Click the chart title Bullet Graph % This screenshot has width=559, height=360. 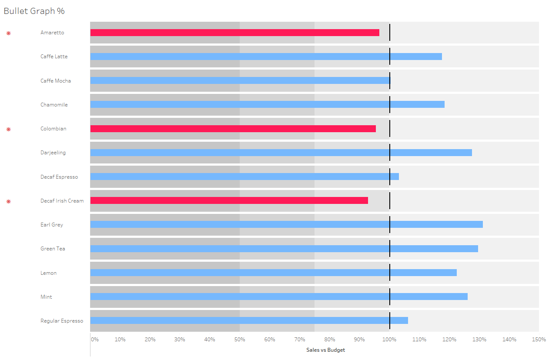tap(34, 11)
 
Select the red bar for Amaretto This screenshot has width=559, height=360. tap(234, 33)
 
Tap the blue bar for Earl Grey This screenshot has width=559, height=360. tap(286, 224)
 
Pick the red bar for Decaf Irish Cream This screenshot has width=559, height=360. tap(229, 200)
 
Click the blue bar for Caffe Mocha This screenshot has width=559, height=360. tap(240, 80)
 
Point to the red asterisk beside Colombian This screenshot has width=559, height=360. tap(8, 129)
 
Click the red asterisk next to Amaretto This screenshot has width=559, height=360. tap(8, 33)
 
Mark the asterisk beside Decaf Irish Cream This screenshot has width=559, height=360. tap(8, 201)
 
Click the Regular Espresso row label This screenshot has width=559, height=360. tap(62, 321)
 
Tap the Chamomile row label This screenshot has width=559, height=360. tap(54, 105)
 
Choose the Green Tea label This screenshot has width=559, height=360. tap(53, 249)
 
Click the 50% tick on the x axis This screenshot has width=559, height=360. tap(240, 340)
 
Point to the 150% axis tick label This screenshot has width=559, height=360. tap(539, 340)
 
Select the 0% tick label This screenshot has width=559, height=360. tap(94, 340)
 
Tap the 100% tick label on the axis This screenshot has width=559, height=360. tap(389, 340)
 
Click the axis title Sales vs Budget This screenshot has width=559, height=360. tap(325, 350)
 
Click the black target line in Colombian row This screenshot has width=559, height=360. tap(390, 129)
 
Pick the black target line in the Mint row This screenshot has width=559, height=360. tap(390, 297)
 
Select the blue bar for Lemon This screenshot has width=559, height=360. tap(273, 273)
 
